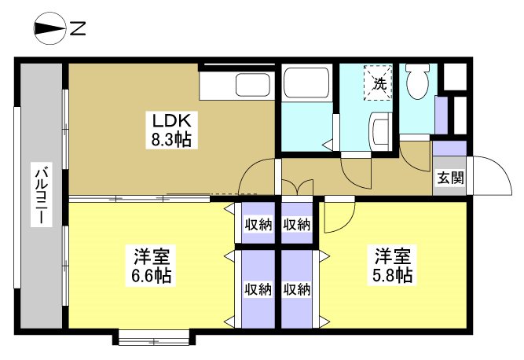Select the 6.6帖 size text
tap(152, 276)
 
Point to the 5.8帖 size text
tap(393, 276)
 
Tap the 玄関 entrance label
tap(450, 178)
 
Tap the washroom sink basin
tap(381, 129)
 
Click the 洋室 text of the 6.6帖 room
tap(152, 257)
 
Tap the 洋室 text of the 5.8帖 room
tap(393, 257)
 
